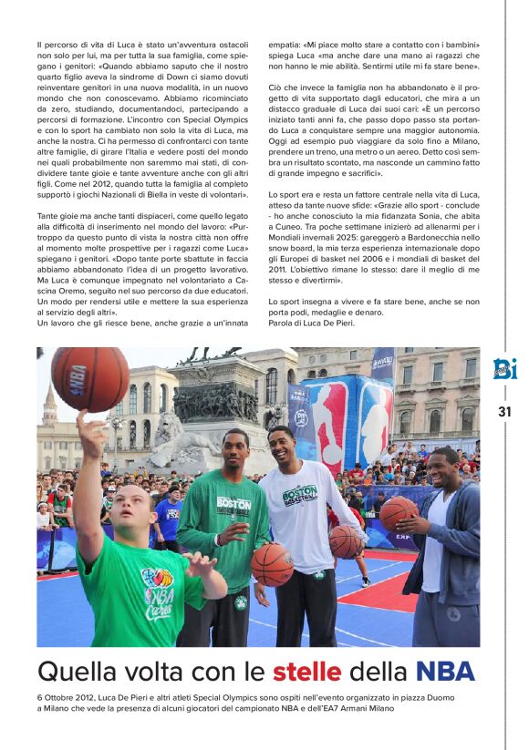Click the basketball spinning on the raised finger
point(89,379)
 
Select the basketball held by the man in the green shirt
point(273,564)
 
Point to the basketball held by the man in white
point(346,541)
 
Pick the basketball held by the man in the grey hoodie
point(399,514)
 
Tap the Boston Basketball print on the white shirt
point(300,495)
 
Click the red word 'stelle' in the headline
point(306,673)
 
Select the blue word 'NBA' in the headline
point(445,673)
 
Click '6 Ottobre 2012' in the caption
point(66,697)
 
